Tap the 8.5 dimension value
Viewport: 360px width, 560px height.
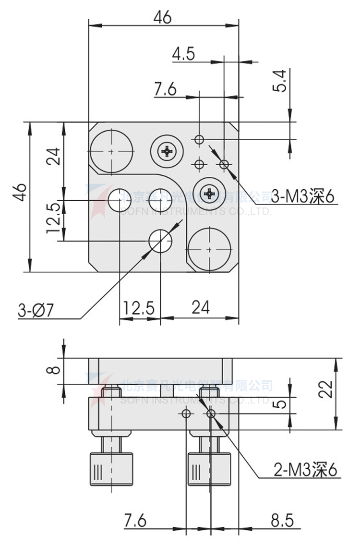(x=282, y=520)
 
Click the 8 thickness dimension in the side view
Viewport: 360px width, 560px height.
(x=55, y=370)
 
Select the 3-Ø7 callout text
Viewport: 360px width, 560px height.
(x=36, y=311)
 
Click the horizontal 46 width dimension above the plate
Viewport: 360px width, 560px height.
(x=162, y=17)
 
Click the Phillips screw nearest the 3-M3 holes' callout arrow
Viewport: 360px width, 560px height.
(x=210, y=194)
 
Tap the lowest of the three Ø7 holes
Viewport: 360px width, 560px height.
(x=160, y=241)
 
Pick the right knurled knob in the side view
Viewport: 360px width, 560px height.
(x=210, y=468)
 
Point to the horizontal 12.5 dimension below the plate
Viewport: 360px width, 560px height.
(x=139, y=307)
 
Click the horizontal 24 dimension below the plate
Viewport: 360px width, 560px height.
(x=200, y=307)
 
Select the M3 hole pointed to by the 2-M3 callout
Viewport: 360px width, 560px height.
(x=210, y=414)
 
